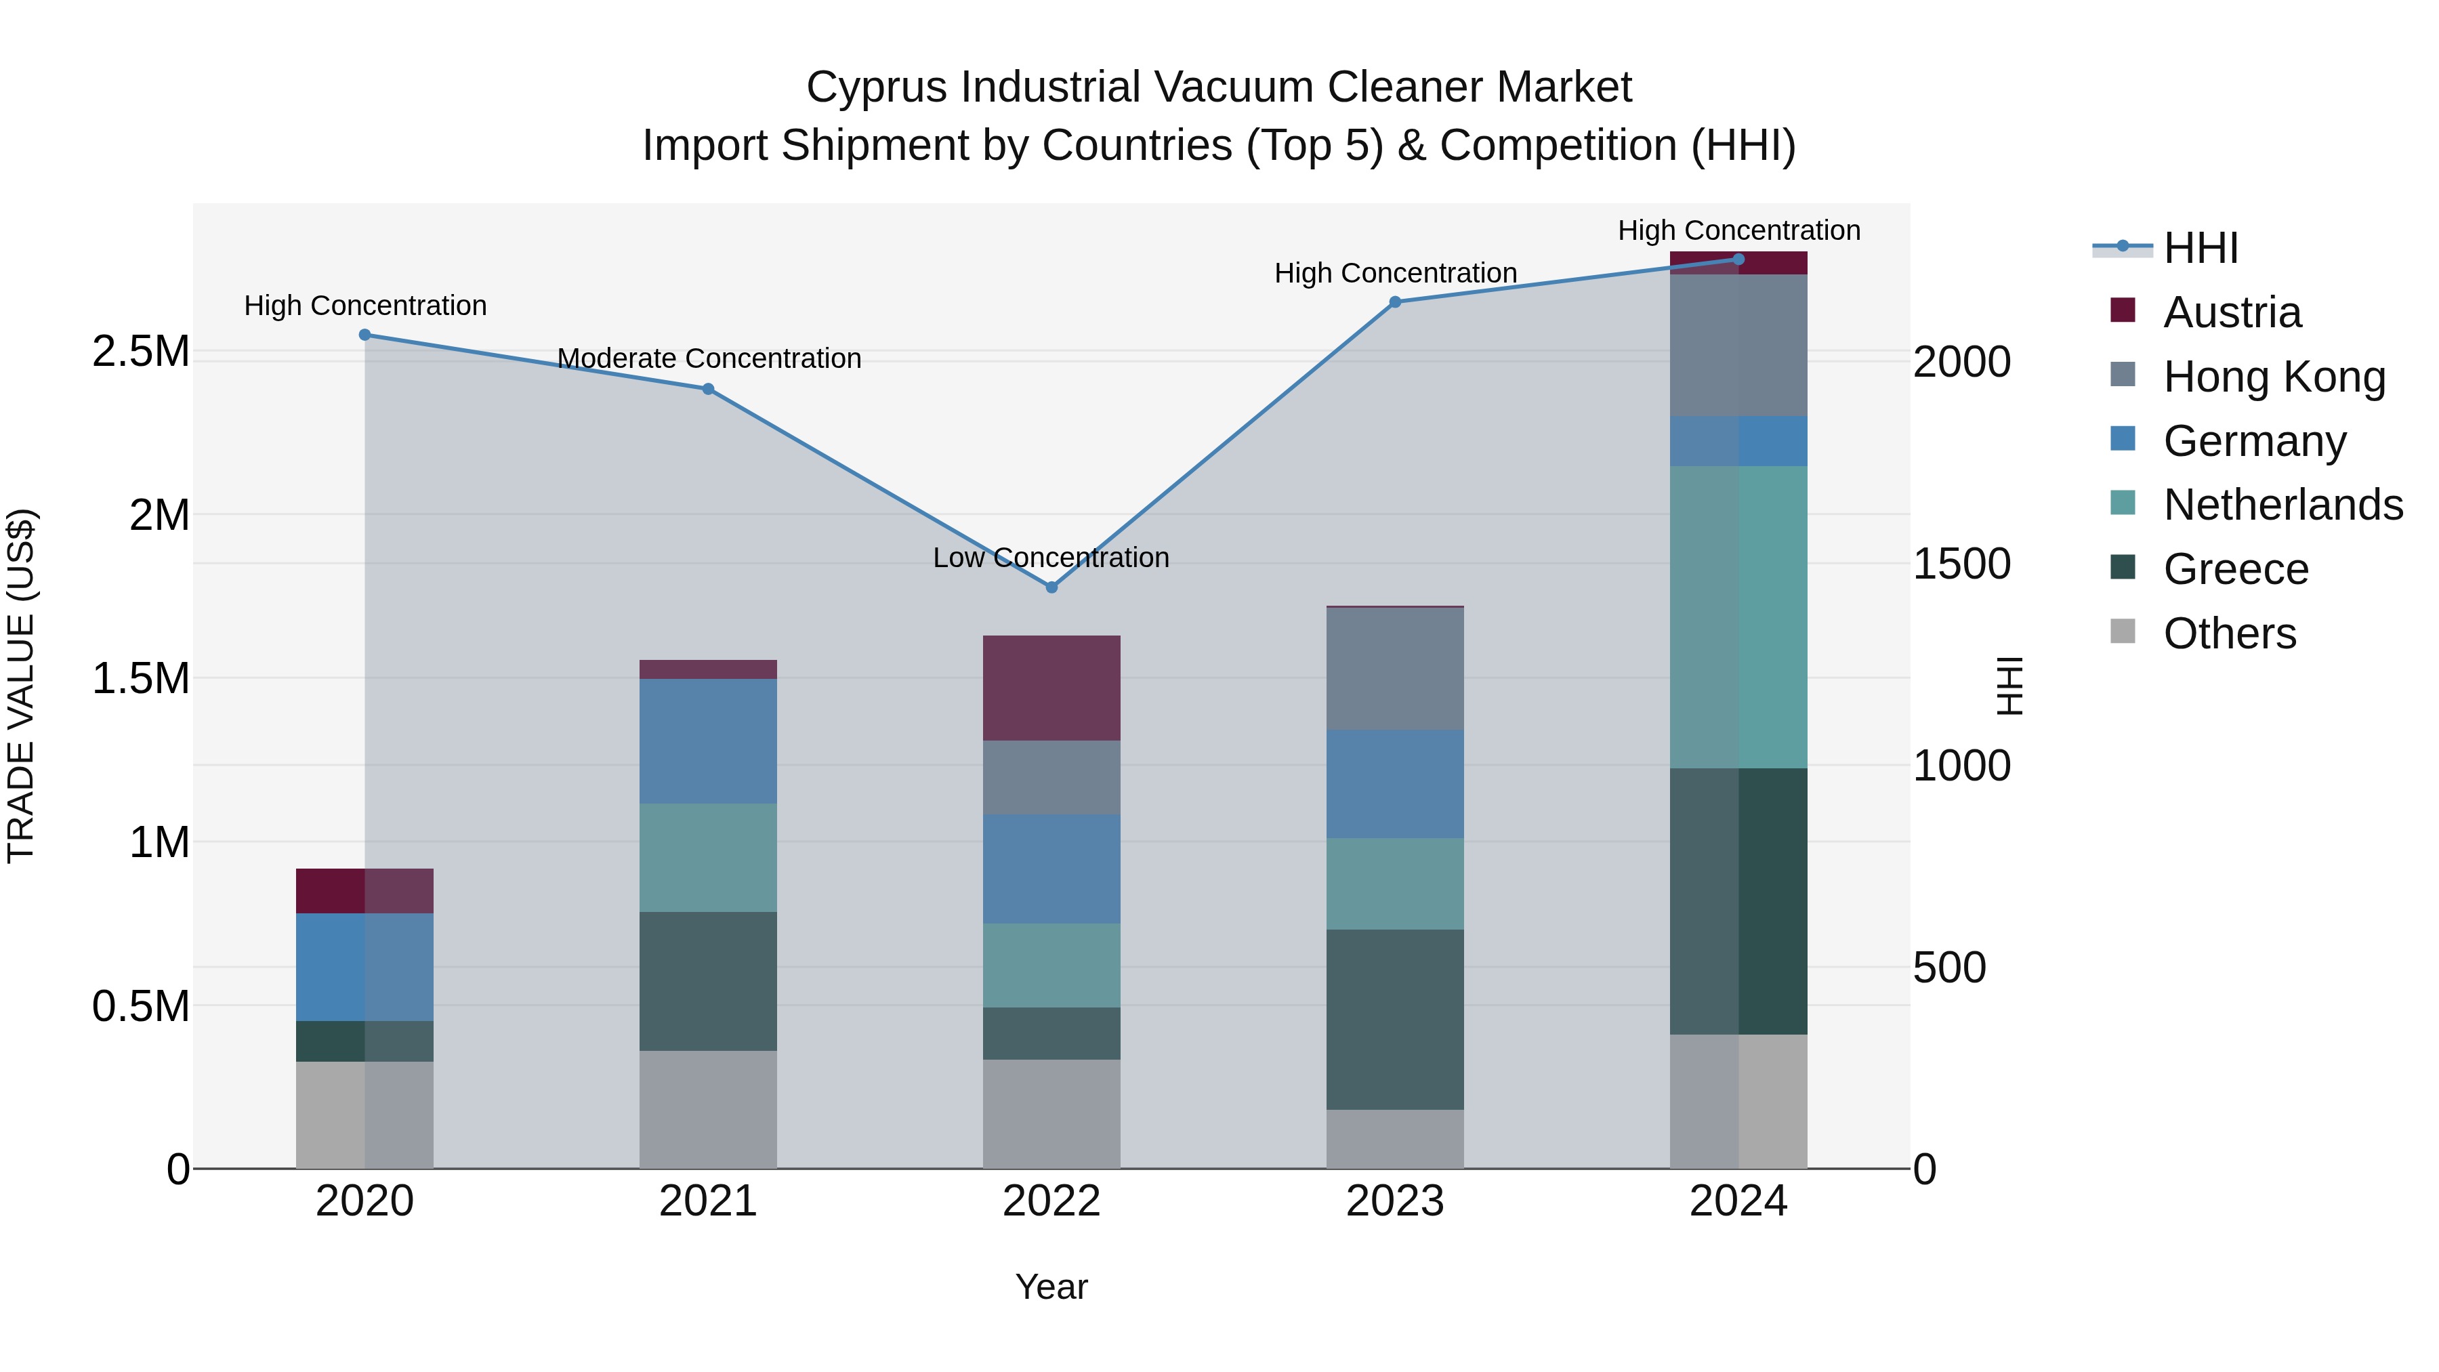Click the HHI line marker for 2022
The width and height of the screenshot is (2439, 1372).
pos(1051,587)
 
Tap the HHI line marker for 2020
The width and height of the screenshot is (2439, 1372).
pos(364,334)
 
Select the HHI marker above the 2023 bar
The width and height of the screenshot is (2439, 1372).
pos(1395,302)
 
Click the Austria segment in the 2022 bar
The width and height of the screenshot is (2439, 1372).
pos(1051,688)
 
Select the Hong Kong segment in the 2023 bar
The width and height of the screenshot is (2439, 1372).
pos(1395,669)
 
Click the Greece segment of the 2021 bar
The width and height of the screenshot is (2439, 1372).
pos(707,981)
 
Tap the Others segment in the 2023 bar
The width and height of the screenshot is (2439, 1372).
pos(1395,1138)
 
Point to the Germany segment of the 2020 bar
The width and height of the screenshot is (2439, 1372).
pos(364,967)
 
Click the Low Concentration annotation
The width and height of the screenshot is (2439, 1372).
pos(1051,558)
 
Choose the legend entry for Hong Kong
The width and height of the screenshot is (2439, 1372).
pos(2273,377)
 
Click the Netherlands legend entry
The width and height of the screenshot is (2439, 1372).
pos(2282,505)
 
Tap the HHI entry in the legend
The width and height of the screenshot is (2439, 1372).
pos(2199,248)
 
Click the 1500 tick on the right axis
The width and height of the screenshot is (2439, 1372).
pos(1961,564)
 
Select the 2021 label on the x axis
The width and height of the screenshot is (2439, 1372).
pos(707,1201)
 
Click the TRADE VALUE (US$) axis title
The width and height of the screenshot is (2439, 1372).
pos(21,686)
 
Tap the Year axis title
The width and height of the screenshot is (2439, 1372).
pos(1051,1287)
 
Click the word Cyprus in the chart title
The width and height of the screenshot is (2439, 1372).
pos(876,87)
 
